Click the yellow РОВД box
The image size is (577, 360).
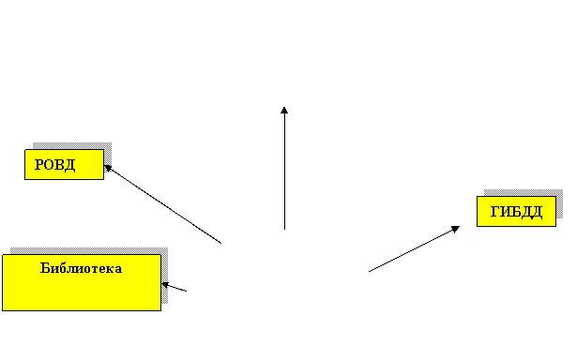pos(65,164)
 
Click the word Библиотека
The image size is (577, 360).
pos(81,268)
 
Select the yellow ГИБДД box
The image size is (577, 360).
pos(516,212)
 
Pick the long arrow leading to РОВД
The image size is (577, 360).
pos(162,204)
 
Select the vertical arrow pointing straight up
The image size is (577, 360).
pos(284,168)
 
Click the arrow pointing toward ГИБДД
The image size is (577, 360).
pos(414,249)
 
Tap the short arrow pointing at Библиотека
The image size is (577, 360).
pos(175,287)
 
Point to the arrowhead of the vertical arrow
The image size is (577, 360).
pos(284,110)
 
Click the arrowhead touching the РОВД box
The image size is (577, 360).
pos(108,168)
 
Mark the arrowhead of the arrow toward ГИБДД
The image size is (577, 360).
pos(456,229)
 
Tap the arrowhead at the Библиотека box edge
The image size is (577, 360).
pos(165,285)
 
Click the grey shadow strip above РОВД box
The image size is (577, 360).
pos(72,145)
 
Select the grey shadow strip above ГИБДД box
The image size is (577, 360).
pos(524,193)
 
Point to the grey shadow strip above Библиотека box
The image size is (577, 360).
pos(89,251)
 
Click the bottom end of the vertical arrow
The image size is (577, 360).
pos(284,230)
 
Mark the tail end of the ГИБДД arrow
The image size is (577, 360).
pos(369,272)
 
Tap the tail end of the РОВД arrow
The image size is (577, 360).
pos(221,243)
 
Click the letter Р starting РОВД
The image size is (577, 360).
pos(38,164)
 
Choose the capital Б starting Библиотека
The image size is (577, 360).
pos(45,268)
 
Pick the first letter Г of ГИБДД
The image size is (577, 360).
pos(495,212)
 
